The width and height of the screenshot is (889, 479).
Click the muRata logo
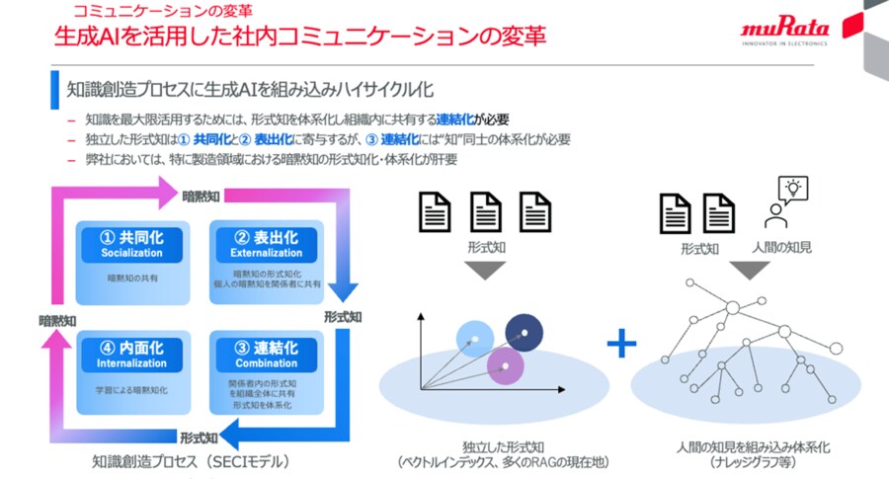785,31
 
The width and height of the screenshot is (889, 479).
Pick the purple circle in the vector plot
504,365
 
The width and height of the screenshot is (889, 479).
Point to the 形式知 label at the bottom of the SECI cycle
198,436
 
